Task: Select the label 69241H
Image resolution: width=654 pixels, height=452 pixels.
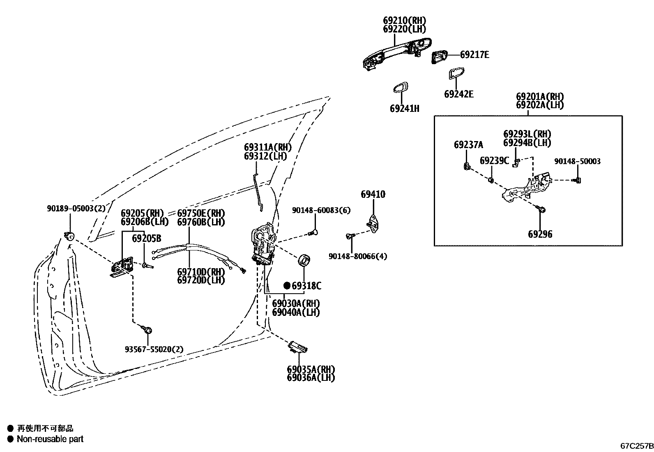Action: tap(404, 109)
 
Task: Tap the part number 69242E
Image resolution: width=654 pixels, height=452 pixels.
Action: tap(458, 94)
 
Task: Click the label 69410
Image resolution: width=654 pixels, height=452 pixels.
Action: tap(373, 195)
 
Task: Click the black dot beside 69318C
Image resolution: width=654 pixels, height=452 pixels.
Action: tap(287, 285)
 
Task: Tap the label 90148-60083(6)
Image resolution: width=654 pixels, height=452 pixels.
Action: tap(321, 210)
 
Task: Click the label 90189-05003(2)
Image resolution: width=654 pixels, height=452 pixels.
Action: tap(76, 209)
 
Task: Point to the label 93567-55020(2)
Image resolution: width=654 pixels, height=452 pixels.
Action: tap(154, 349)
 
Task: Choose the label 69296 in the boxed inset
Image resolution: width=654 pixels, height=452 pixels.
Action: tap(540, 234)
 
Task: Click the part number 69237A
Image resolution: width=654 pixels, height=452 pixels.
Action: tap(468, 145)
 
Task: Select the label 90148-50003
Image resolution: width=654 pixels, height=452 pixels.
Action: tap(577, 162)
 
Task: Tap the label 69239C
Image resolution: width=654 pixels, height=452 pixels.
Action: tap(494, 161)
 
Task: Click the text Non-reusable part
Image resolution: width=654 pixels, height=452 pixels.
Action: tap(50, 439)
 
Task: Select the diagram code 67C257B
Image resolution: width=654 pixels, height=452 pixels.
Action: tap(636, 446)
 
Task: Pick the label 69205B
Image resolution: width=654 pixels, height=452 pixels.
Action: tap(146, 239)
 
